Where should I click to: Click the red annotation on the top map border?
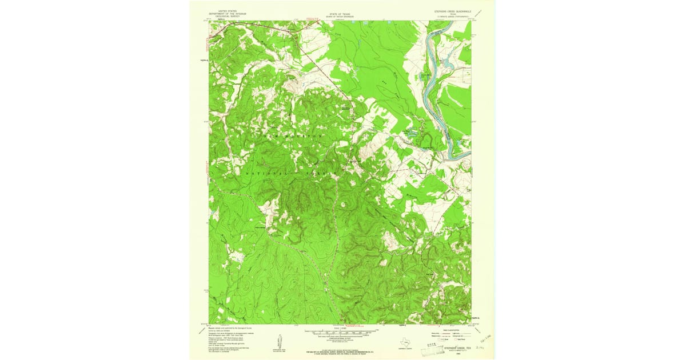[x=312, y=19]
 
